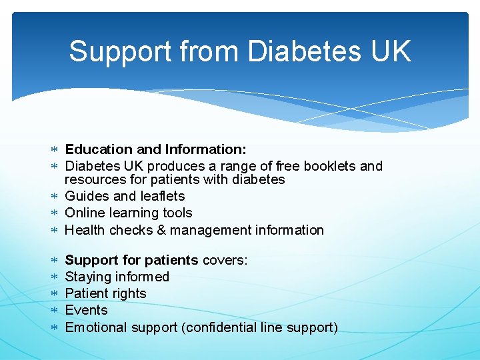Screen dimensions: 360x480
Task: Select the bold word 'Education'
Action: click(97, 149)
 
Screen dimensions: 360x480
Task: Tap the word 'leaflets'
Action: click(162, 196)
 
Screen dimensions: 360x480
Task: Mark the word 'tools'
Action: click(177, 213)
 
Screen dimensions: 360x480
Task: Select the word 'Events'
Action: click(86, 310)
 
